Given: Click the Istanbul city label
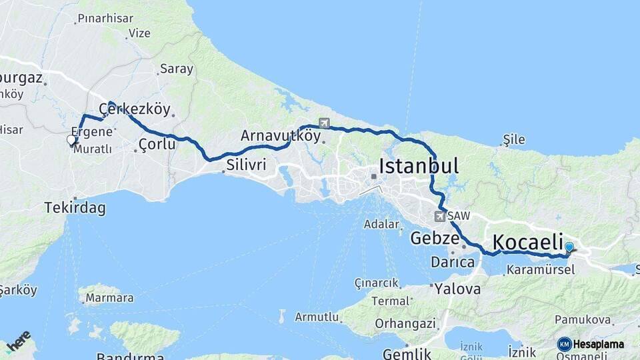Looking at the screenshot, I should click(x=419, y=166).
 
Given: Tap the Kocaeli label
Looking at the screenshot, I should click(x=527, y=242).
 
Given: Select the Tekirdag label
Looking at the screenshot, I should click(x=75, y=207).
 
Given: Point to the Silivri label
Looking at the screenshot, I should click(x=246, y=164).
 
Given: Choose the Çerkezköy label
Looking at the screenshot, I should click(x=135, y=109).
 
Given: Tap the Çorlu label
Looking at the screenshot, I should click(x=157, y=144).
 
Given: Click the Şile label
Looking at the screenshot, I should click(x=514, y=140).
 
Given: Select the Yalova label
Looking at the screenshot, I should click(x=457, y=289).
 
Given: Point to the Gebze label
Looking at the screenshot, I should click(x=435, y=238).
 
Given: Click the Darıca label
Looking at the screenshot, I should click(x=453, y=262).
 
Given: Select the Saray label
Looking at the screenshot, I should click(x=177, y=69).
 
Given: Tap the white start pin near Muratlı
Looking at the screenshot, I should click(x=71, y=140).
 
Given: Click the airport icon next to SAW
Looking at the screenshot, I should click(x=439, y=216).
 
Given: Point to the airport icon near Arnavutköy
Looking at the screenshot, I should click(x=324, y=123).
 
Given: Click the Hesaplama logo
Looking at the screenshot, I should click(x=591, y=344).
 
